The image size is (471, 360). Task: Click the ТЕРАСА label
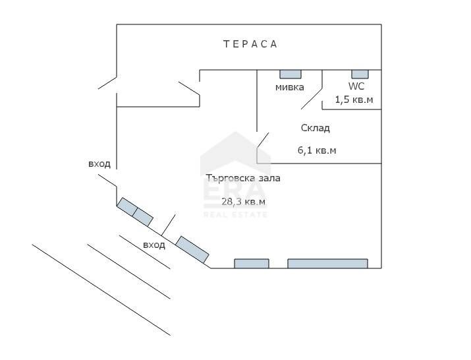pos(250,44)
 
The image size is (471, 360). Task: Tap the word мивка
pos(290,87)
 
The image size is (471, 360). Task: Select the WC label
pos(356,86)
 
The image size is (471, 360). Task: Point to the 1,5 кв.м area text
pos(354,100)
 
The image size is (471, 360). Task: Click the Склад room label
pos(316,128)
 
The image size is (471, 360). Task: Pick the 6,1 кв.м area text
pos(317,150)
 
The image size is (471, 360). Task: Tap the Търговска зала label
pos(243,178)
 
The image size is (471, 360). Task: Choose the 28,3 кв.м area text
pos(244,202)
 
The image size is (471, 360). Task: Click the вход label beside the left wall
pos(99,164)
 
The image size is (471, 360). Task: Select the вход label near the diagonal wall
pos(154,245)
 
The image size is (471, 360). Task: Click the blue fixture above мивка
pos(291,75)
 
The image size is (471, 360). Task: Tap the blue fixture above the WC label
pos(360,75)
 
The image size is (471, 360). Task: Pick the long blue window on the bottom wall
pos(327,264)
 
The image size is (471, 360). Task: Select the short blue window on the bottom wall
pos(252,264)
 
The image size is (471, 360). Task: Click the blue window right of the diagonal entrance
pos(192,250)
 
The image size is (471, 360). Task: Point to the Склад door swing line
pos(263,140)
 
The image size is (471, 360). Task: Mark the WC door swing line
pos(312,99)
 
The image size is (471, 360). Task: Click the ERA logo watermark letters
pos(235,191)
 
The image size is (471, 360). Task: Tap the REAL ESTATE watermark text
pos(235,215)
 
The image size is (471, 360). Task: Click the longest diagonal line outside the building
pos(101,290)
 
